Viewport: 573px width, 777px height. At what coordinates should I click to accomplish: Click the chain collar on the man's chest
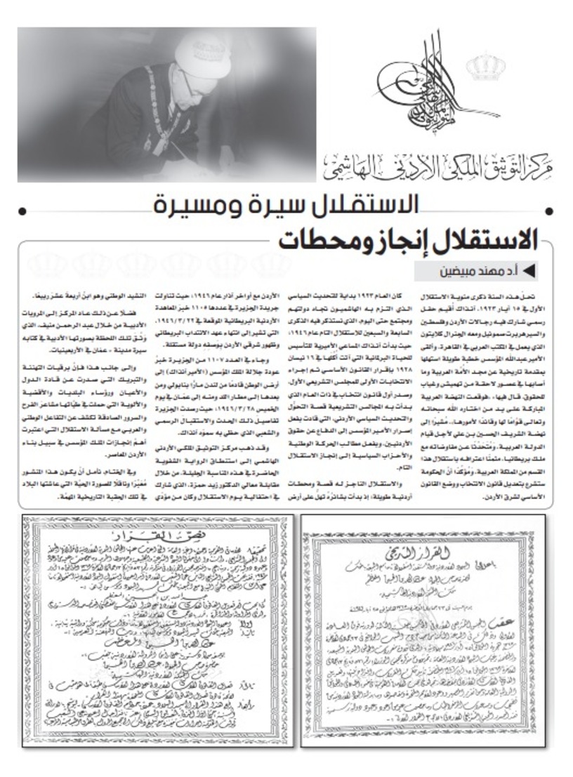point(158,105)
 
